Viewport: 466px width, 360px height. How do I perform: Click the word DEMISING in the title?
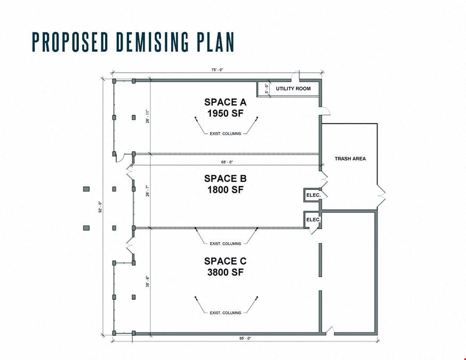[152, 42]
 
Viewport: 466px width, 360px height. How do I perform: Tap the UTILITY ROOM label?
[293, 89]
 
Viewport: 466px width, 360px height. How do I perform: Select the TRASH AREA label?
[350, 159]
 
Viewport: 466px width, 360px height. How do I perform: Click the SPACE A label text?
[226, 102]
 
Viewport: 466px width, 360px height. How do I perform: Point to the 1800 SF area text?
[226, 190]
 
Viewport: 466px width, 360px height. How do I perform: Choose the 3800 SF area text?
[226, 273]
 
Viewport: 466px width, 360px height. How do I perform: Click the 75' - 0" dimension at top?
[217, 70]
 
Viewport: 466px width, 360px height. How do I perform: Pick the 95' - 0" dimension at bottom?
[245, 338]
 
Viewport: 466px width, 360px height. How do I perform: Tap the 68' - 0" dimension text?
[227, 162]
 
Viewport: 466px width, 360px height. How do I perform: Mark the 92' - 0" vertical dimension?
[100, 207]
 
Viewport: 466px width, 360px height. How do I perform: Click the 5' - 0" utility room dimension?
[267, 89]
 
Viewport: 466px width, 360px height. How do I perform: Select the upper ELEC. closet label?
[314, 195]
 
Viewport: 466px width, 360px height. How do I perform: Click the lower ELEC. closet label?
[314, 220]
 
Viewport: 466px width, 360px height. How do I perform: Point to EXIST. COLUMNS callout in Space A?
[226, 134]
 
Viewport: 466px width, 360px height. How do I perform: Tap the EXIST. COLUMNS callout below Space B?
[226, 244]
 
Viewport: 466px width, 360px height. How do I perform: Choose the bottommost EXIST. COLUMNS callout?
[226, 313]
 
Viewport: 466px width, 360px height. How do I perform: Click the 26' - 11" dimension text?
[148, 116]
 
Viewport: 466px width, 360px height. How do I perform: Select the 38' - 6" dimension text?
[148, 282]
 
